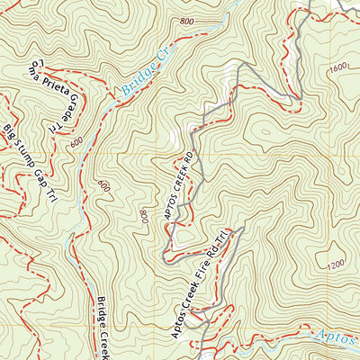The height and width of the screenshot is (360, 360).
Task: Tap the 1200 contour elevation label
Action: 336,264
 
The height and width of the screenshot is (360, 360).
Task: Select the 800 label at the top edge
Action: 186,22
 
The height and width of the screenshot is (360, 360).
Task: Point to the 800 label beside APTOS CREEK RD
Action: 144,216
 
